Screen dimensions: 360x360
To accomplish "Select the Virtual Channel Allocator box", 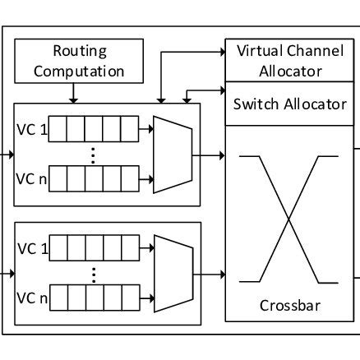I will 290,61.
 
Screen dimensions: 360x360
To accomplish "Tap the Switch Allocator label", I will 290,104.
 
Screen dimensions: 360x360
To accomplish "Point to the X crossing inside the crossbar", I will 290,220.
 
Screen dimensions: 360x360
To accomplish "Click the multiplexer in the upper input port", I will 172,152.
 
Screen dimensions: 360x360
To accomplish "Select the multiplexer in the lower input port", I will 172,273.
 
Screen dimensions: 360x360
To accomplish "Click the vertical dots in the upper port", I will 93,154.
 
